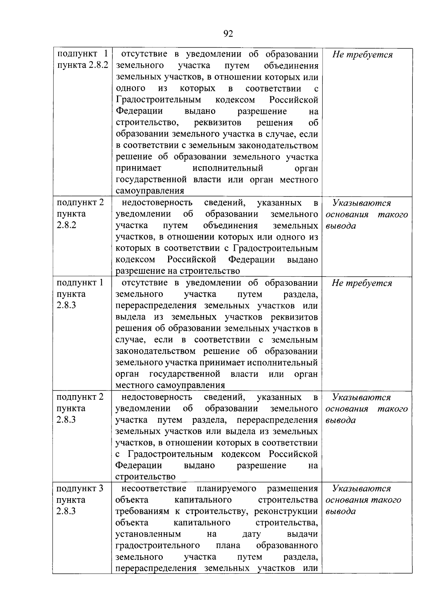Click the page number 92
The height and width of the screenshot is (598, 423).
click(228, 34)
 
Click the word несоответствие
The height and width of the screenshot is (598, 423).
click(154, 489)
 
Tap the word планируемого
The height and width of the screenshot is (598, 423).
click(226, 489)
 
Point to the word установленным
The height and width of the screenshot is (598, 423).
click(148, 534)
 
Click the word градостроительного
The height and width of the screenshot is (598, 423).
click(158, 545)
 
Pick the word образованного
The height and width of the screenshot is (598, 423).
click(287, 545)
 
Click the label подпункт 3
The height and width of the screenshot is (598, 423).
click(80, 489)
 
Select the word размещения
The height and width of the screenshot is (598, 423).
click(292, 489)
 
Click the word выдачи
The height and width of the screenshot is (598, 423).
click(302, 534)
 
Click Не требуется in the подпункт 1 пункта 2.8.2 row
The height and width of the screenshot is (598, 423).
click(362, 55)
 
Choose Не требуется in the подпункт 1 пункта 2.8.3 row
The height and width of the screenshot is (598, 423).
click(362, 283)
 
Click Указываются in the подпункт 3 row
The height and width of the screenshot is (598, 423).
click(361, 489)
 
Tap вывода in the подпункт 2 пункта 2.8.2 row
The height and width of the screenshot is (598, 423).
click(341, 226)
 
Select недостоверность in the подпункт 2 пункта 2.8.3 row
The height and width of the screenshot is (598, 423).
click(157, 397)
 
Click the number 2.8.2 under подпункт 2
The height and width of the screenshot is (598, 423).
click(66, 225)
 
